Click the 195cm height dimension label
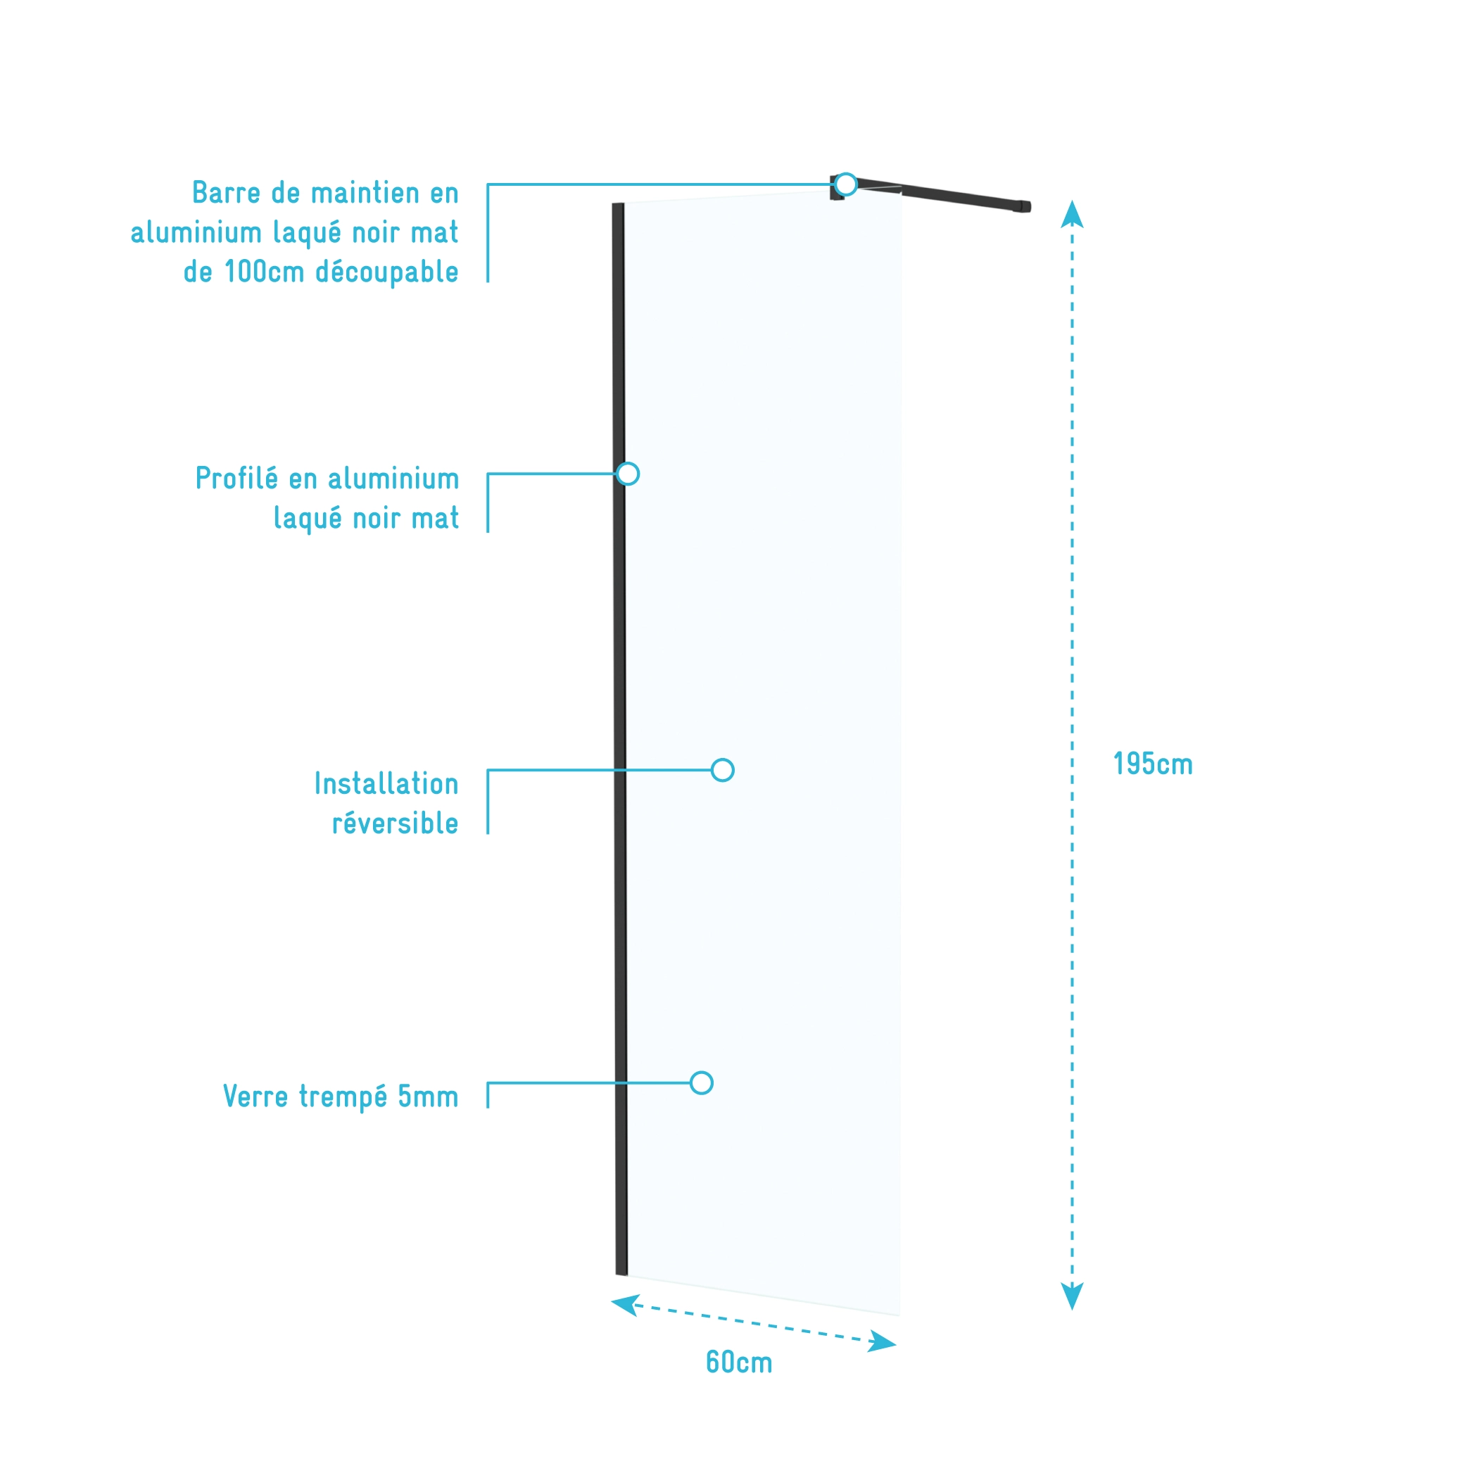pos(1152,764)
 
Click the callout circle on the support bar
pos(845,184)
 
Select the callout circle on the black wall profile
pos(628,474)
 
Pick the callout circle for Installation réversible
pos(722,770)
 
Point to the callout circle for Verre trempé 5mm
pos(701,1083)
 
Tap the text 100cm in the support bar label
pos(264,272)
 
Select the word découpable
pos(386,272)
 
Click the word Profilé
pos(236,479)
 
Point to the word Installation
pos(386,784)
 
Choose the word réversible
pos(395,823)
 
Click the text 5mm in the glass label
pos(428,1097)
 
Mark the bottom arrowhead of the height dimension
pos(1071,1296)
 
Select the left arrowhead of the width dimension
pos(624,1303)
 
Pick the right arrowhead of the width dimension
pos(883,1342)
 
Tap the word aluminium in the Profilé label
pos(393,479)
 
